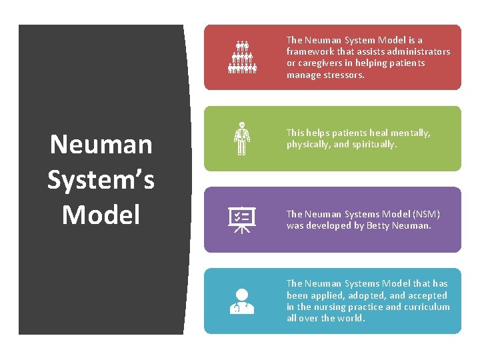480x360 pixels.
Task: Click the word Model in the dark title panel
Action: click(101, 214)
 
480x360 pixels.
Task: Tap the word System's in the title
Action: click(101, 179)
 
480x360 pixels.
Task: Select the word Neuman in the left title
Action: click(101, 144)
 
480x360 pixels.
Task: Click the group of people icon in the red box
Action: click(242, 57)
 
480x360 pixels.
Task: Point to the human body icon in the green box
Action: click(241, 138)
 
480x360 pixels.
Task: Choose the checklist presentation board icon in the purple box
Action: click(241, 219)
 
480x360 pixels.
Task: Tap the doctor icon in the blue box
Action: click(241, 301)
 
